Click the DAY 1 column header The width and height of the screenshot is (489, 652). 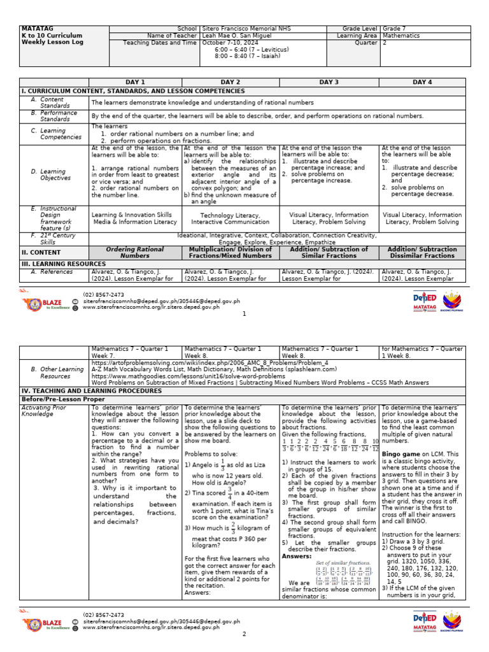tap(135, 82)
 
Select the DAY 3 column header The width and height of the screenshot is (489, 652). tap(329, 82)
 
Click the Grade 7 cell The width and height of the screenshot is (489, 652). tap(395, 29)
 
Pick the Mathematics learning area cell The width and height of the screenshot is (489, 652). tap(401, 36)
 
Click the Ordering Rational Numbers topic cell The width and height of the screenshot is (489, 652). tap(135, 253)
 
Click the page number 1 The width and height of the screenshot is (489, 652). tap(244, 314)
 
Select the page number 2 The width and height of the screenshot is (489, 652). tap(244, 634)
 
